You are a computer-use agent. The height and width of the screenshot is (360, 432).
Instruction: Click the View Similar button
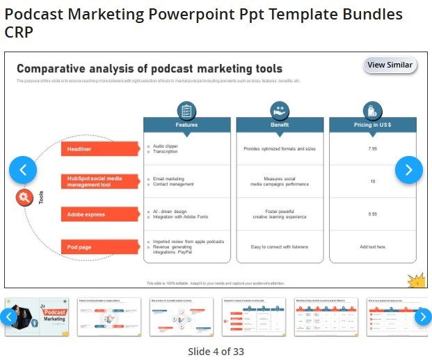390,65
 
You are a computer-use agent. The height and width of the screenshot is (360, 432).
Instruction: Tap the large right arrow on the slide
409,169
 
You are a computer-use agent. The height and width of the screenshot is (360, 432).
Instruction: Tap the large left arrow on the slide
23,169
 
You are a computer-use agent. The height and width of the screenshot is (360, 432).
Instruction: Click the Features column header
186,125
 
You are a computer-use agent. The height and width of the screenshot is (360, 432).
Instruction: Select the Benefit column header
280,125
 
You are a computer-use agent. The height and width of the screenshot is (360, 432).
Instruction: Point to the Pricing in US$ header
373,125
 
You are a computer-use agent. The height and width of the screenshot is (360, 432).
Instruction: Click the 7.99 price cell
373,149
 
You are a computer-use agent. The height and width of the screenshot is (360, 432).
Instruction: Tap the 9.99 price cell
373,214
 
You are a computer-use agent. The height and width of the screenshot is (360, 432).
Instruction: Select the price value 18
373,182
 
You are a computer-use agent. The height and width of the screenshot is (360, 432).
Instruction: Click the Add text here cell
373,247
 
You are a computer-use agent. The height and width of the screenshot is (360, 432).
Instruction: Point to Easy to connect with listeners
280,247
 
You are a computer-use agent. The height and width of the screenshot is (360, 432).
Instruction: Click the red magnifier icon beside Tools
24,198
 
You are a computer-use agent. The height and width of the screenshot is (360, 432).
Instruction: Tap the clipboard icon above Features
186,110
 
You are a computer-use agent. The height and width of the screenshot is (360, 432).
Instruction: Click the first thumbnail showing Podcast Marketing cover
36,317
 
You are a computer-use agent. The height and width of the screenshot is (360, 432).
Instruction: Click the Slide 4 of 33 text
216,351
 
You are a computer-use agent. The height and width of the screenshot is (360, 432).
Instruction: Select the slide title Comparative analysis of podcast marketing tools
150,69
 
